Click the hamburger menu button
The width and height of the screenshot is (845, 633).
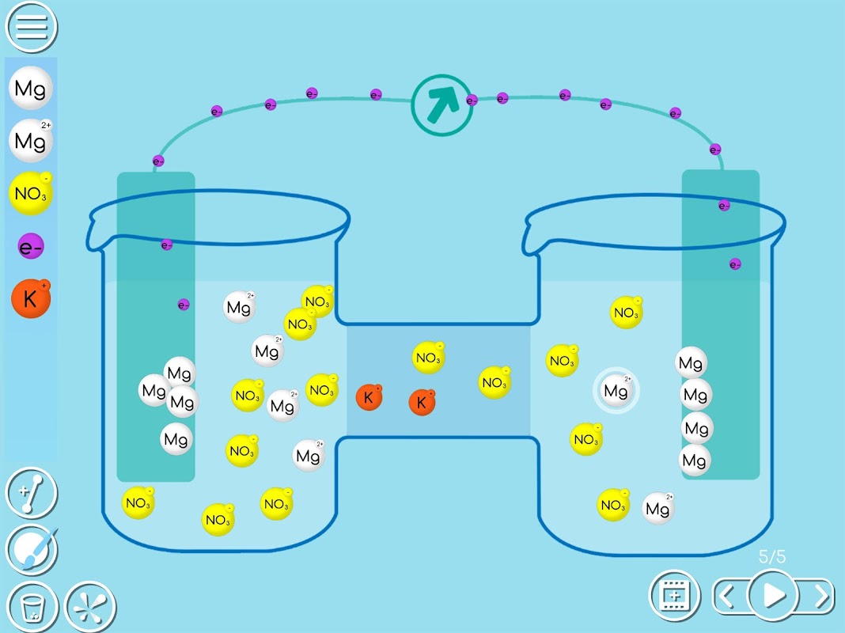click(x=32, y=26)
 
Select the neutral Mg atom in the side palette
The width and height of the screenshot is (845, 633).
click(x=31, y=88)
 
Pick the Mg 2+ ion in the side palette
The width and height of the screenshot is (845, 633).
click(x=31, y=141)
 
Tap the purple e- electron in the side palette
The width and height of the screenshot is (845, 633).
click(x=31, y=247)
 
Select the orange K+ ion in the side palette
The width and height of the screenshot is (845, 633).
click(x=31, y=299)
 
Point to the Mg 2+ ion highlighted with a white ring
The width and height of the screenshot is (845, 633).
click(x=616, y=390)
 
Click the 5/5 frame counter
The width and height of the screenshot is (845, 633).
click(x=772, y=556)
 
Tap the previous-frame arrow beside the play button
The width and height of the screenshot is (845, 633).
click(x=726, y=594)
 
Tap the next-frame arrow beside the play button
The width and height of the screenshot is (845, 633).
click(x=821, y=594)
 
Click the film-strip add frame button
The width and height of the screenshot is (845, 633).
click(x=674, y=594)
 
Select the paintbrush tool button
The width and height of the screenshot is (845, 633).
click(x=32, y=548)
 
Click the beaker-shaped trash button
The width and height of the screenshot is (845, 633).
click(x=32, y=607)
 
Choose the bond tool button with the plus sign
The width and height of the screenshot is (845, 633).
click(x=32, y=492)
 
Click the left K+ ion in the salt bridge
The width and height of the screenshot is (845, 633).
click(x=369, y=397)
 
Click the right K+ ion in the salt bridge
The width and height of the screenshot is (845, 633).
click(x=422, y=402)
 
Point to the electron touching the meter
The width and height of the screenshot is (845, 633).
click(x=472, y=100)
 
